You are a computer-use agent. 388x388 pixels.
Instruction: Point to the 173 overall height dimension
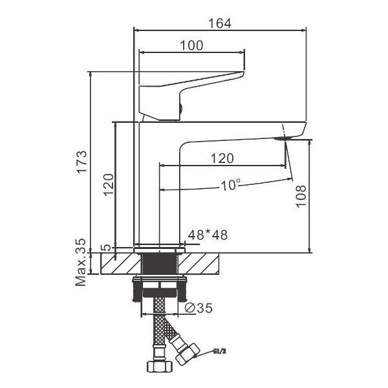point(81,158)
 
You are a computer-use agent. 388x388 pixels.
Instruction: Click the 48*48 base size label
point(207,235)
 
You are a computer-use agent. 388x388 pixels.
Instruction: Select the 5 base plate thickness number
point(105,248)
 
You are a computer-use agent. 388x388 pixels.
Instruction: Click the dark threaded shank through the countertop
point(159,263)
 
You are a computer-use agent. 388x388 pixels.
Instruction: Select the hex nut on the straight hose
point(159,366)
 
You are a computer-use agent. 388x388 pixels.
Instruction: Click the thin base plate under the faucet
point(159,248)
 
